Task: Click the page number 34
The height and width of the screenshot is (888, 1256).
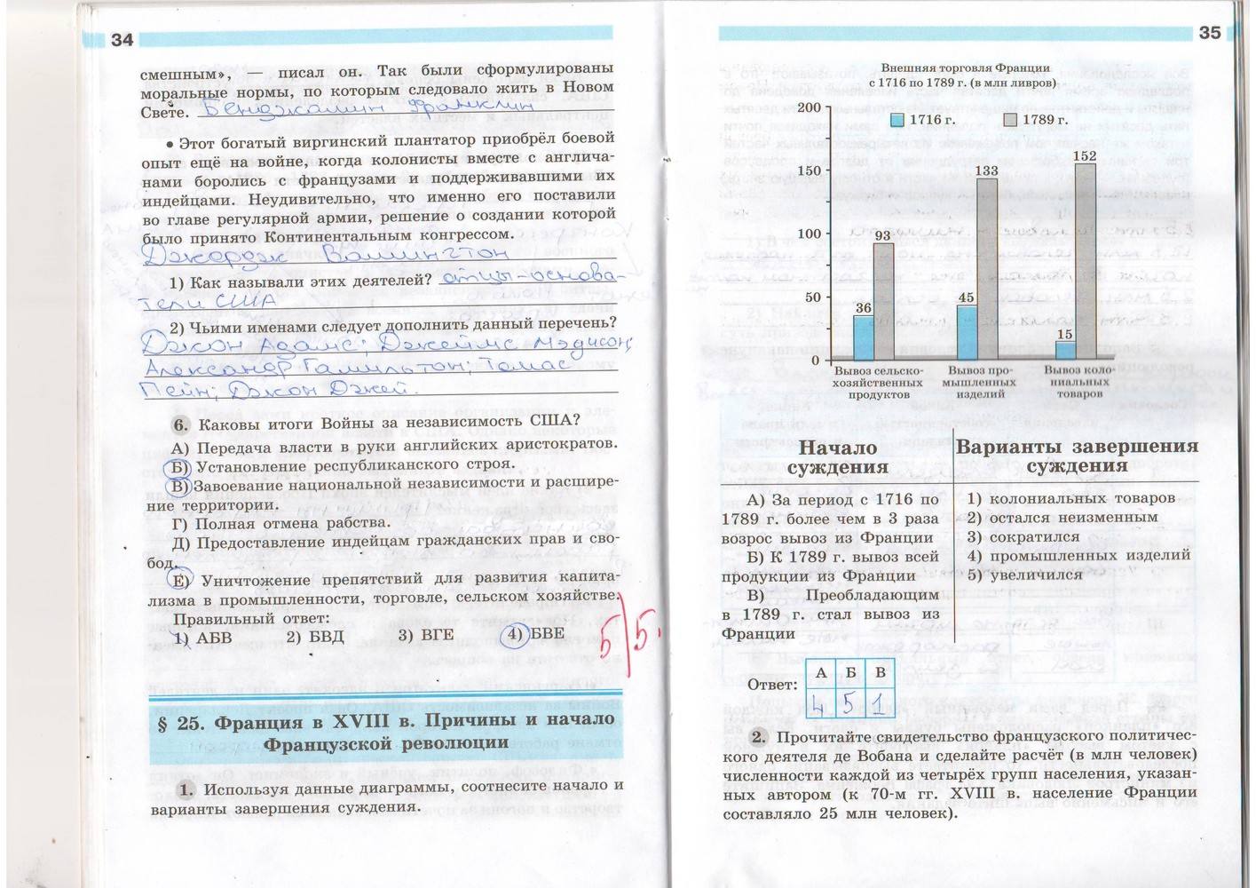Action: [122, 40]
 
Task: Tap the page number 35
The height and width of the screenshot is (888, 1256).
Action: [1209, 33]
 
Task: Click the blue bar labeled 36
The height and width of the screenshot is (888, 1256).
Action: [864, 337]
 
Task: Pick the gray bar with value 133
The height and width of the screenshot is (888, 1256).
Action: [986, 267]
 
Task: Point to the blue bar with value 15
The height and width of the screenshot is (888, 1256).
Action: [1064, 349]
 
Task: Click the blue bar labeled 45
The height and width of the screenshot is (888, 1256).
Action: [966, 331]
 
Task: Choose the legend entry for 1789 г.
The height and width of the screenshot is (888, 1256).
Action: [1036, 120]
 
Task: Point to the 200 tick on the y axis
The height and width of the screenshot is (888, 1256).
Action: [810, 107]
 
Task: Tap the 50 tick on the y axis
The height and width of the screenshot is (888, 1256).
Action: [813, 297]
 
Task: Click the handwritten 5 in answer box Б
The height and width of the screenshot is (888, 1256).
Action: [849, 702]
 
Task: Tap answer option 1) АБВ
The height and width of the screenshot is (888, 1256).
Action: [202, 638]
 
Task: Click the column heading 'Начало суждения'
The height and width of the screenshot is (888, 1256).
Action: [837, 456]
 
